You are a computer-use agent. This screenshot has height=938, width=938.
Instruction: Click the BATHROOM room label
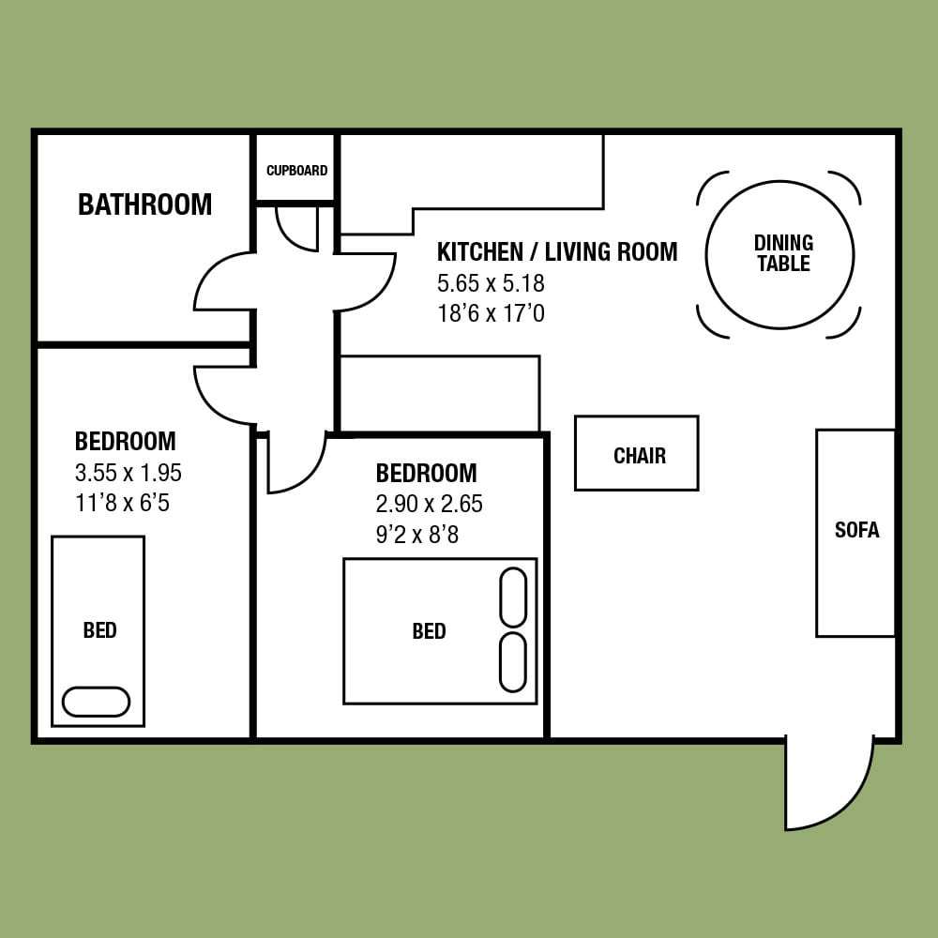point(144,204)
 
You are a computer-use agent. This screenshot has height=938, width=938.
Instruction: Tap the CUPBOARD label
point(296,171)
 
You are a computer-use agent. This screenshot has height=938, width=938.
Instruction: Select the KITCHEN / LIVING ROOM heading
point(557,251)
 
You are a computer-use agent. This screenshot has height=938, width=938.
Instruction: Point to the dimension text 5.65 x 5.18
point(491,283)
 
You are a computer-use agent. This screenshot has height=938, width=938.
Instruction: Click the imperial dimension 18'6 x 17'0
point(491,313)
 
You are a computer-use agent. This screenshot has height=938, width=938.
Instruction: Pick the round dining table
point(779,255)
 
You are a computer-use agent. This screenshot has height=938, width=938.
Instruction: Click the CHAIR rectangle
point(637,453)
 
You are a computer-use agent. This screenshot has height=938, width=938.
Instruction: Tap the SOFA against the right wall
point(856,533)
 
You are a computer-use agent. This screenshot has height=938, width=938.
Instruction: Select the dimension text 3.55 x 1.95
point(128,473)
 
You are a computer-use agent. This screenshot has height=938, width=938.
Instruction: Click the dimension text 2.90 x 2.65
point(429,504)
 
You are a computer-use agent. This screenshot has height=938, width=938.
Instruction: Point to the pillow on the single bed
point(97,701)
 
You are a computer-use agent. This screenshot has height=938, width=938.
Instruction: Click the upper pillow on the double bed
point(513,598)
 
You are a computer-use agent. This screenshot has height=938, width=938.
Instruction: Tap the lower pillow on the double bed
point(513,662)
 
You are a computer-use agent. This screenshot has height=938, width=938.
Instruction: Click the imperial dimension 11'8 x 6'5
point(122,503)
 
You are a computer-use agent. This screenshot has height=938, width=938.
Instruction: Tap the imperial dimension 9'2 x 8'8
point(417,535)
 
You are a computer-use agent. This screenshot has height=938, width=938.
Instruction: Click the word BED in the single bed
point(100,630)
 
